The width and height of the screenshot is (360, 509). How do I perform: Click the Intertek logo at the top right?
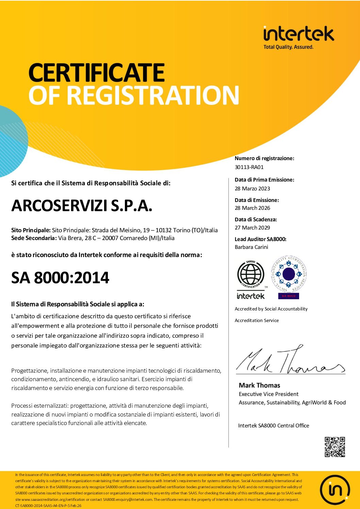tap(298, 34)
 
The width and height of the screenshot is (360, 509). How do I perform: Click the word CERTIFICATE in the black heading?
tap(97, 72)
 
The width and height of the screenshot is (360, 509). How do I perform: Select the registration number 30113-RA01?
tap(249, 167)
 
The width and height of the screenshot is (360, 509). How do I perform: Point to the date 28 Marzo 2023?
tap(252, 188)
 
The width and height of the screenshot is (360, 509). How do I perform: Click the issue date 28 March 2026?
tap(252, 208)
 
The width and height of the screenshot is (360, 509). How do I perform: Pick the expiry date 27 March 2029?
tap(252, 227)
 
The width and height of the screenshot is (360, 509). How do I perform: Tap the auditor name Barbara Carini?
tap(251, 247)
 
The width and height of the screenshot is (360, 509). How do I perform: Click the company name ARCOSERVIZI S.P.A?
tap(82, 206)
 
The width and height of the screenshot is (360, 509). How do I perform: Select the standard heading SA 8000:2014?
tap(60, 278)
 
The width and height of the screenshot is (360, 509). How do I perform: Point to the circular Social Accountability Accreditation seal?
tap(289, 274)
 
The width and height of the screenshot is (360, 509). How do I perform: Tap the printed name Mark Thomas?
tap(259, 385)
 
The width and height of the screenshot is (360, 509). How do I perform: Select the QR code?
tap(334, 447)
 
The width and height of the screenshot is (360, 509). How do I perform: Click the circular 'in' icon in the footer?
tap(335, 490)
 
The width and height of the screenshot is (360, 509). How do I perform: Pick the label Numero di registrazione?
tap(264, 158)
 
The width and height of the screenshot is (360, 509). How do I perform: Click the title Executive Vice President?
tap(268, 394)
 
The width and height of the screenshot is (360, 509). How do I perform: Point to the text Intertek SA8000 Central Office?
tap(274, 425)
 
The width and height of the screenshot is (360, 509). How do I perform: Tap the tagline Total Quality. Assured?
tap(288, 47)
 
